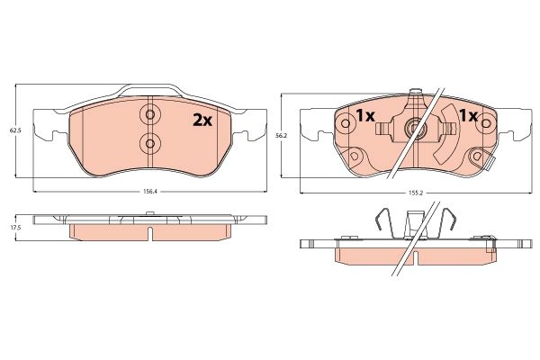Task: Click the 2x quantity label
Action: [202, 120]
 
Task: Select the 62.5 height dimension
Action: [14, 130]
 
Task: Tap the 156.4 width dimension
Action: [149, 192]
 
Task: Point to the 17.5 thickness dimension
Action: [14, 228]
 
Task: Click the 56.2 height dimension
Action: [281, 136]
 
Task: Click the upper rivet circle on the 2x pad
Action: [149, 114]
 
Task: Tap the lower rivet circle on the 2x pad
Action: [149, 142]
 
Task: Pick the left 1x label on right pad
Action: [365, 116]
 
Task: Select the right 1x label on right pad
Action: [469, 116]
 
